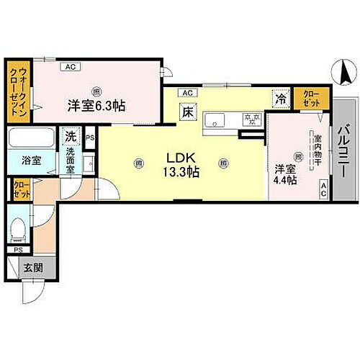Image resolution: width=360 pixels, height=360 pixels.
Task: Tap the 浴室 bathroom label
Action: point(30,161)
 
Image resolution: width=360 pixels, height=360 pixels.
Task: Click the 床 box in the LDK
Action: point(186,112)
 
